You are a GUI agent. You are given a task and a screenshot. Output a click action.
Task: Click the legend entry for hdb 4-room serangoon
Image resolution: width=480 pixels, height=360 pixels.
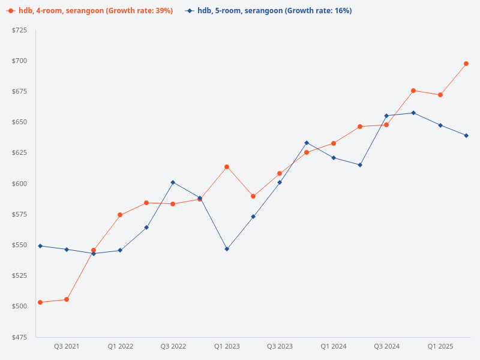[x=90, y=11]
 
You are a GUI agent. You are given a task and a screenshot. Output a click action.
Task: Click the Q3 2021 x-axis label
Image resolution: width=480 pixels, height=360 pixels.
[x=67, y=346]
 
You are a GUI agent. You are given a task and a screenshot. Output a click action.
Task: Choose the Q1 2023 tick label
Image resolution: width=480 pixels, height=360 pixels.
[x=227, y=346]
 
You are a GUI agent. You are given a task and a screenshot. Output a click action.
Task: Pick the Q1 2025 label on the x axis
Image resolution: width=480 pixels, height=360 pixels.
[x=440, y=346]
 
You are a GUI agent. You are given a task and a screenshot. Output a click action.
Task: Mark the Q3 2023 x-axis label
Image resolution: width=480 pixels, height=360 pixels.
[x=280, y=346]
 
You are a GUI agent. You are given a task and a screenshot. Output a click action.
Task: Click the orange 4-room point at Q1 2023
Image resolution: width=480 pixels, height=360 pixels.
[x=227, y=167]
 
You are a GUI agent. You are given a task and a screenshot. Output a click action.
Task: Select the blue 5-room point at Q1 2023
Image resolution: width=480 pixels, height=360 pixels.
[x=227, y=249]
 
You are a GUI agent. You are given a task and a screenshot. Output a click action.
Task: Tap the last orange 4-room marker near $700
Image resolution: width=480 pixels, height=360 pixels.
[x=466, y=64]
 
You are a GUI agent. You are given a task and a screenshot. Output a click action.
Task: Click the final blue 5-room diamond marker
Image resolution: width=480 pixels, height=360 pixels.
[x=466, y=136]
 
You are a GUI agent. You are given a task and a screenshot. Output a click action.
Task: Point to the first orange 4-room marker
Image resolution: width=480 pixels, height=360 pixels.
[x=40, y=302]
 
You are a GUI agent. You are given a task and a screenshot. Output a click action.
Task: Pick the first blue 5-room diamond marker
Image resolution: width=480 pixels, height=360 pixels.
[x=40, y=246]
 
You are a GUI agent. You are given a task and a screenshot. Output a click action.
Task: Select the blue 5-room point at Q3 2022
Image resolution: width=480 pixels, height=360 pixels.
[x=173, y=182]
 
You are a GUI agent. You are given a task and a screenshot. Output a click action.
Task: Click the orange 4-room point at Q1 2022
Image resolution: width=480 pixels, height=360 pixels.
[x=120, y=215]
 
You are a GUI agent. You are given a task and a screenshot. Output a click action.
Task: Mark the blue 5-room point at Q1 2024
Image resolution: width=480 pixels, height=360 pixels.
[x=334, y=158]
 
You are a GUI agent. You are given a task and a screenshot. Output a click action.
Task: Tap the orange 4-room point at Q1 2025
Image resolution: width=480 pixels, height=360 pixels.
[x=440, y=95]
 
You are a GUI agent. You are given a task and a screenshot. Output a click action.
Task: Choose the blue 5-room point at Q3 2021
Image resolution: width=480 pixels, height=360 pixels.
[x=67, y=250]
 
